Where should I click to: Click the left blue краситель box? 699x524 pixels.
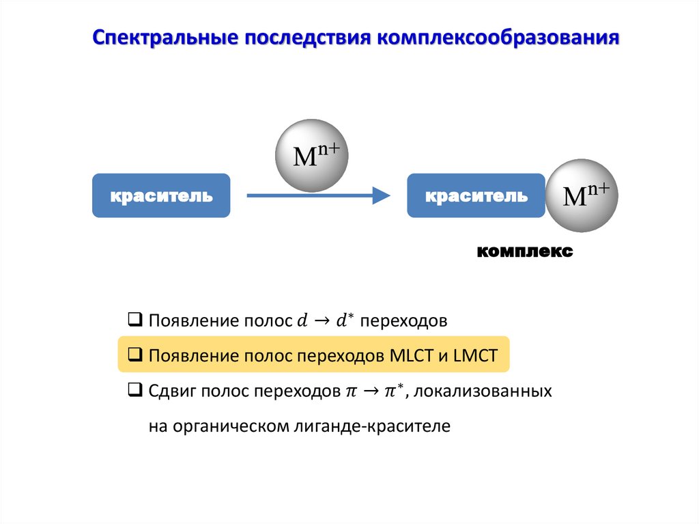coord(161,196)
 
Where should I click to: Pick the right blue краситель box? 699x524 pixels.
coord(476,196)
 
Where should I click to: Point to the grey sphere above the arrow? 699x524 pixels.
coord(311,155)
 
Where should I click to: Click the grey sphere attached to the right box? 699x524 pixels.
coord(582,196)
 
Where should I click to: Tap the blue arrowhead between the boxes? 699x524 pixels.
coord(381,196)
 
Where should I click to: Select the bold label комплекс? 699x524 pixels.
coord(525,251)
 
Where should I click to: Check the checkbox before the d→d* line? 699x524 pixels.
coord(135,320)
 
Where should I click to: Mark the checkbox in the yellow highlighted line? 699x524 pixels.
coord(135,355)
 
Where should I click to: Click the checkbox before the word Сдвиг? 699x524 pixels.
coord(135,391)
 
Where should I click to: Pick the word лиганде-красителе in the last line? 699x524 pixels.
coord(385,427)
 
